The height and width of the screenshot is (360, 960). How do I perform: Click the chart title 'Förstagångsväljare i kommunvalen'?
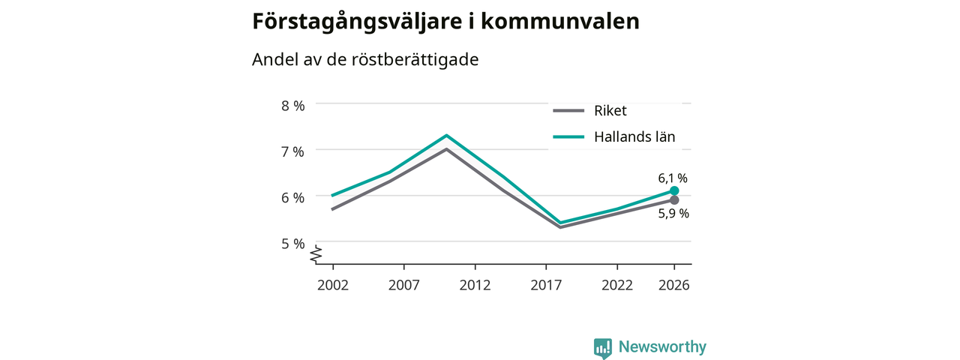(445, 22)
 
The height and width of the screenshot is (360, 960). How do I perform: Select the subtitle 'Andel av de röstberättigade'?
(365, 59)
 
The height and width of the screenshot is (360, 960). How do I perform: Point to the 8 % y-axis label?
(293, 106)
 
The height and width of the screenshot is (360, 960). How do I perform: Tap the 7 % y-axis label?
(293, 151)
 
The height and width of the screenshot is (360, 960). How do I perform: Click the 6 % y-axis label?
(293, 197)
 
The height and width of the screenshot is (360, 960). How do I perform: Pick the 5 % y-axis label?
(293, 244)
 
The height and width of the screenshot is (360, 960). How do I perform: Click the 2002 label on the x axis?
(333, 285)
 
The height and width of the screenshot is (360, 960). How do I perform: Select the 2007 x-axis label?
(403, 285)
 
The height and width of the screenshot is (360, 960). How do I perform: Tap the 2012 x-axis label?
(475, 285)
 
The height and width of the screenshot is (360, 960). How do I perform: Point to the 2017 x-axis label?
(546, 285)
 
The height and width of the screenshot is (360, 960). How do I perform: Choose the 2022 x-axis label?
(617, 285)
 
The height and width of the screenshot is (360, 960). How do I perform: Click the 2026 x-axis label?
(674, 285)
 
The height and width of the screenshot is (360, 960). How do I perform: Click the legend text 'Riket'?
(610, 110)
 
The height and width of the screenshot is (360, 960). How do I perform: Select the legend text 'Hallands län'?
(634, 136)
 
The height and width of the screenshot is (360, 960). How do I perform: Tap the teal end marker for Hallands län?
(674, 190)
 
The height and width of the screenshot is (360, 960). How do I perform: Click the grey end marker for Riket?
(674, 200)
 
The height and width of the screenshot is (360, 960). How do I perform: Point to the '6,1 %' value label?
(673, 178)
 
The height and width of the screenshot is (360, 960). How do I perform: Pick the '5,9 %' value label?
(673, 214)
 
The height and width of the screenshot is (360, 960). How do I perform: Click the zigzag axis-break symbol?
(316, 254)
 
